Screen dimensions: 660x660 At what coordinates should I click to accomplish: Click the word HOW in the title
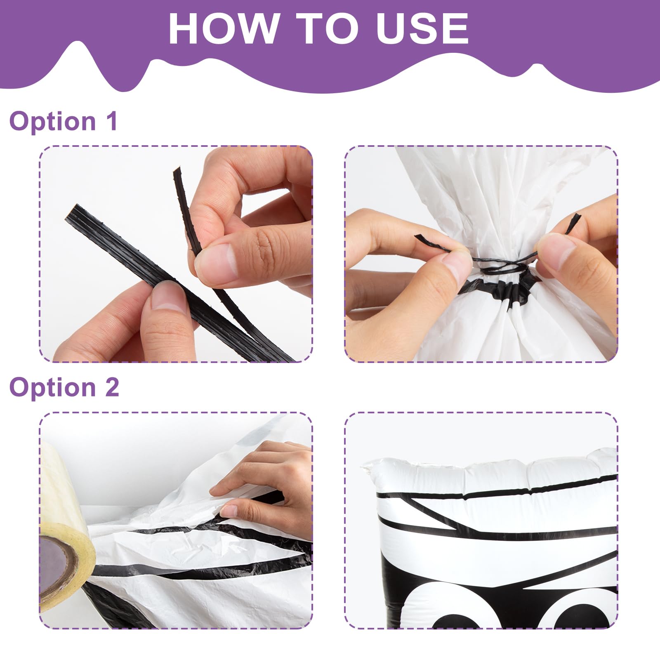click(x=223, y=28)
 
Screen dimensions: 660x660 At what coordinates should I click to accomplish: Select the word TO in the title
click(x=327, y=28)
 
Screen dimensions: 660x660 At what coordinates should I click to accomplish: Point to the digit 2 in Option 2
click(x=112, y=388)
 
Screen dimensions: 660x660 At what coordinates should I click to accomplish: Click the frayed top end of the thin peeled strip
click(x=177, y=171)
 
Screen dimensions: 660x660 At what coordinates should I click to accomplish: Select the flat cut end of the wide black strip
click(x=71, y=212)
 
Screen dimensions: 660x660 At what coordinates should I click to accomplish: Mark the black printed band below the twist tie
click(x=499, y=289)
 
